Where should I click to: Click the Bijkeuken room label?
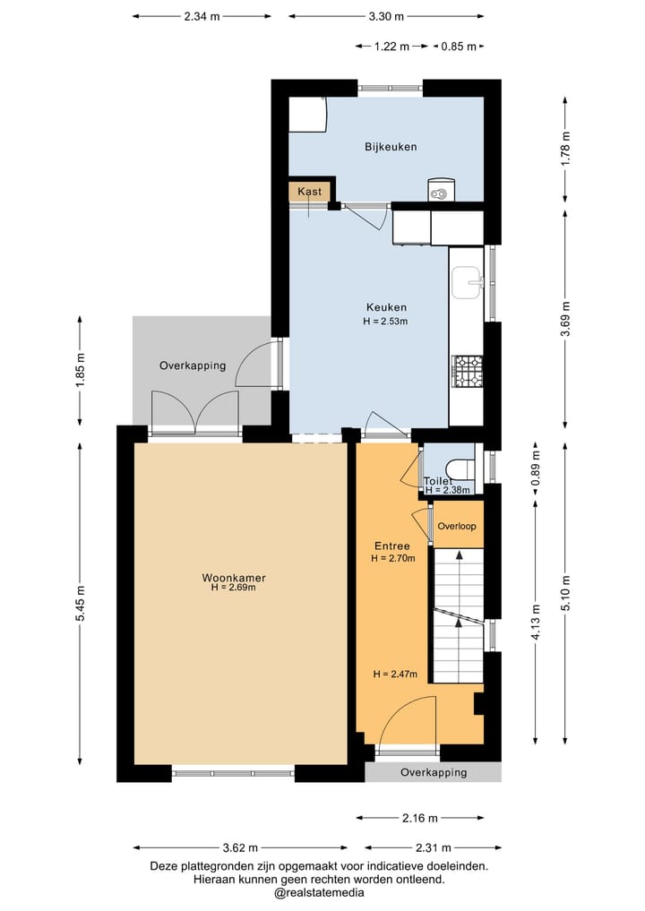click(391, 147)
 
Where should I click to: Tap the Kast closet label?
click(309, 192)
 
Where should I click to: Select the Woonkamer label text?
click(234, 578)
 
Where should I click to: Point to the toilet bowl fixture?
click(461, 468)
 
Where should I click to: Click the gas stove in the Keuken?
click(468, 371)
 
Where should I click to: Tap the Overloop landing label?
click(457, 527)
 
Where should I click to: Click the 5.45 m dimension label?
click(81, 603)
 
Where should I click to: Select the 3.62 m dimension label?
click(241, 847)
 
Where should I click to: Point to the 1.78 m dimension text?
click(566, 150)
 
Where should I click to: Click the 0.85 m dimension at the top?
click(459, 47)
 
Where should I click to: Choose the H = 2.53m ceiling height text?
click(385, 321)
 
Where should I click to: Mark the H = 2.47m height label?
click(395, 675)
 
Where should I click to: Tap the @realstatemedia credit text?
click(319, 893)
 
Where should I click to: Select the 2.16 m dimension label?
click(420, 818)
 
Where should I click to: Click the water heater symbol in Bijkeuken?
click(441, 189)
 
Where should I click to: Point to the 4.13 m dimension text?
click(536, 622)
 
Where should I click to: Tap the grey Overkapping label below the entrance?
click(434, 772)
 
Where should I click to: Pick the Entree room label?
click(392, 546)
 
